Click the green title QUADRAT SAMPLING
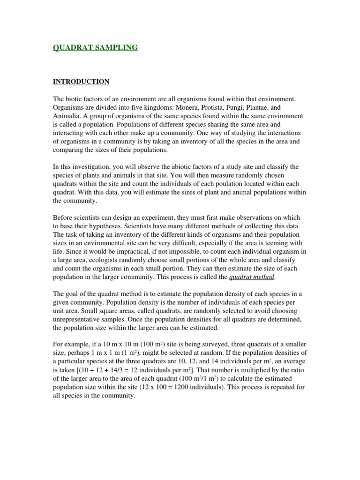click(95, 47)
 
